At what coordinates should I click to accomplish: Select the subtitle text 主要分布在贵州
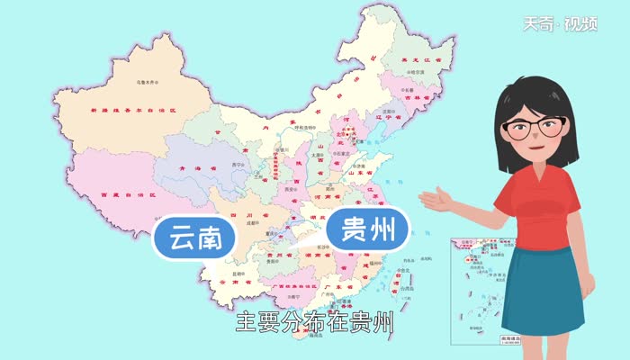315,322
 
